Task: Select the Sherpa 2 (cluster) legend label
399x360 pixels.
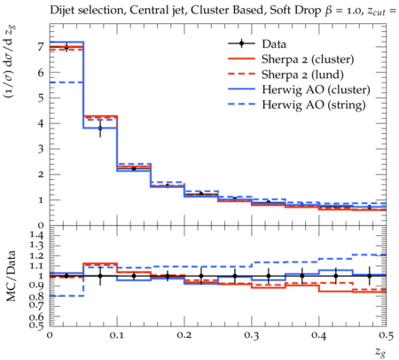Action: pyautogui.click(x=308, y=59)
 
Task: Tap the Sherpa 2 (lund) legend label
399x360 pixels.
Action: pyautogui.click(x=302, y=74)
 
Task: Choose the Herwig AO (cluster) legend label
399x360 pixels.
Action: pyautogui.click(x=316, y=90)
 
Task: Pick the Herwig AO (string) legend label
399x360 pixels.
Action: pyautogui.click(x=314, y=105)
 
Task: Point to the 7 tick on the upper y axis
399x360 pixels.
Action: pyautogui.click(x=41, y=47)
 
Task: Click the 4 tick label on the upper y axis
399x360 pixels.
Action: pyautogui.click(x=41, y=123)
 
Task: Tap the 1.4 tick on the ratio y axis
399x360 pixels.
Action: pyautogui.click(x=37, y=235)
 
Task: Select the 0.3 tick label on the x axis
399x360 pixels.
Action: pyautogui.click(x=252, y=335)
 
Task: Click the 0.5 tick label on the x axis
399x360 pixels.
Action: pyautogui.click(x=386, y=335)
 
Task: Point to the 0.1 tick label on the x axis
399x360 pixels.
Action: pyautogui.click(x=117, y=335)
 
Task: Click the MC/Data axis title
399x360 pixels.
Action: pyautogui.click(x=11, y=276)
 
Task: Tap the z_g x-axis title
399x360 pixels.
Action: pyautogui.click(x=380, y=352)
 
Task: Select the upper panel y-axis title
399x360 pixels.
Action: pyautogui.click(x=11, y=62)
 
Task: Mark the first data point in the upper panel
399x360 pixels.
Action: pyautogui.click(x=66, y=47)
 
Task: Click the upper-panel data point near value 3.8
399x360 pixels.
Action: pyautogui.click(x=100, y=128)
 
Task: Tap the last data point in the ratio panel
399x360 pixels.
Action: pyautogui.click(x=369, y=276)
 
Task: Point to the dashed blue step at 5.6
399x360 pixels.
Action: pyautogui.click(x=66, y=82)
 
